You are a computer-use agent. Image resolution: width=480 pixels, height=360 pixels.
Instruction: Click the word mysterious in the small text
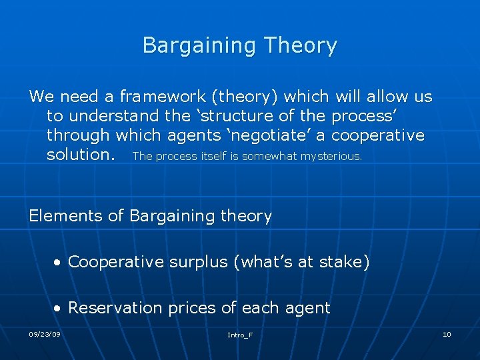point(331,156)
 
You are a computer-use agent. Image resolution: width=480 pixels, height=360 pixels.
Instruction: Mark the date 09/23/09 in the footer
point(45,334)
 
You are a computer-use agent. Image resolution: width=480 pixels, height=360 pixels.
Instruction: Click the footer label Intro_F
point(239,335)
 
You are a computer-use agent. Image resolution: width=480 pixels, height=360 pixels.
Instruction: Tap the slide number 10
point(447,334)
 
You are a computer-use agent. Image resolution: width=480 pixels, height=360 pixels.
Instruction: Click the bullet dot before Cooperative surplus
point(59,263)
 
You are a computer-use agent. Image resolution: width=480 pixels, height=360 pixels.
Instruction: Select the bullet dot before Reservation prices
point(59,309)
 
